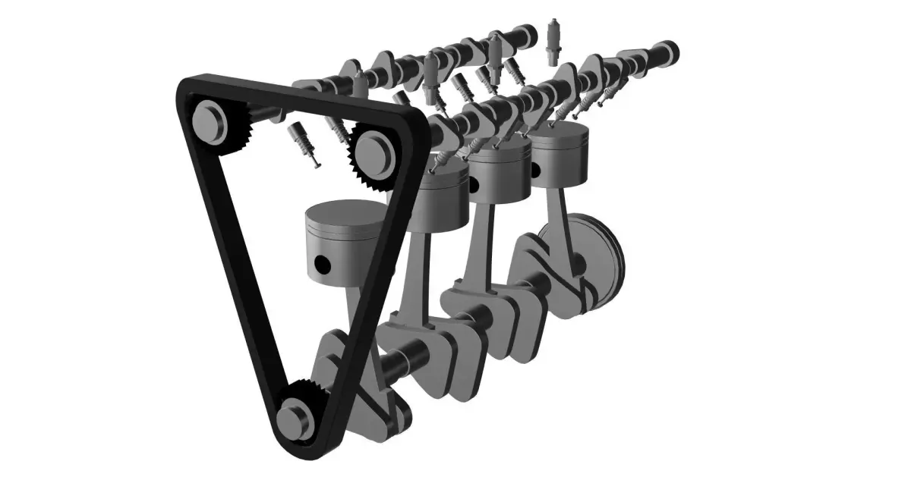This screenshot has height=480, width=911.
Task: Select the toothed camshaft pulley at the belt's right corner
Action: [x=374, y=152]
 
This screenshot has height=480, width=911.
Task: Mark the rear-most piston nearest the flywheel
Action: [x=560, y=155]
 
